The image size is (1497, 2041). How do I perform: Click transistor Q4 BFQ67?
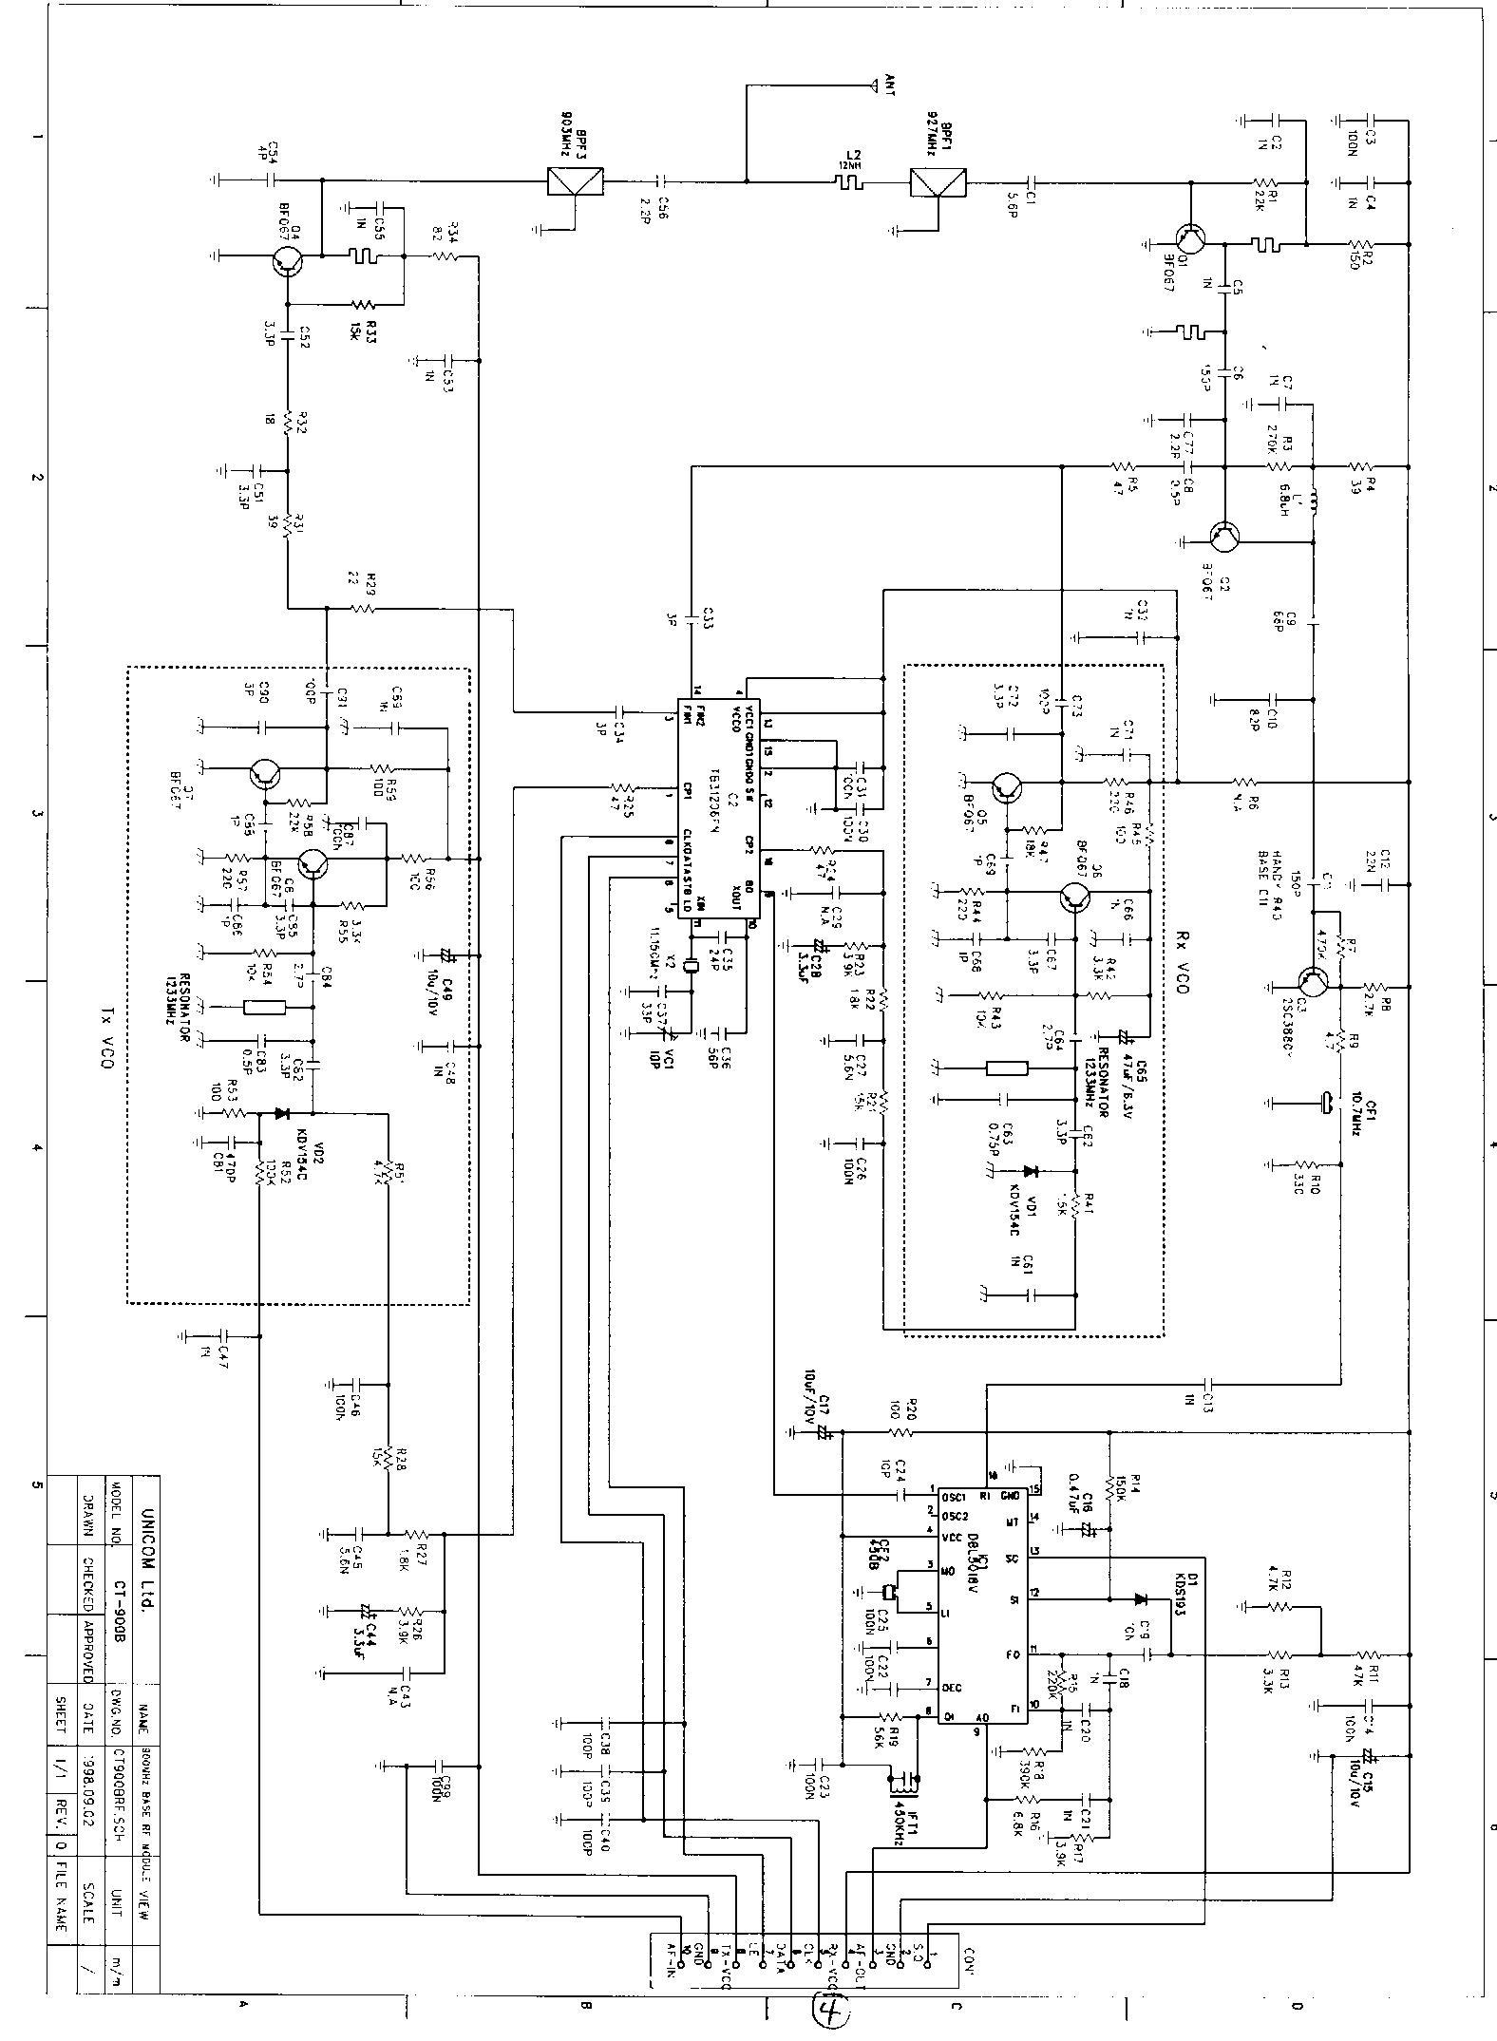point(287,258)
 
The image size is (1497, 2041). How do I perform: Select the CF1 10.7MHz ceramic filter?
point(1322,1104)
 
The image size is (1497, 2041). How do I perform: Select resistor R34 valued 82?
point(446,255)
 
